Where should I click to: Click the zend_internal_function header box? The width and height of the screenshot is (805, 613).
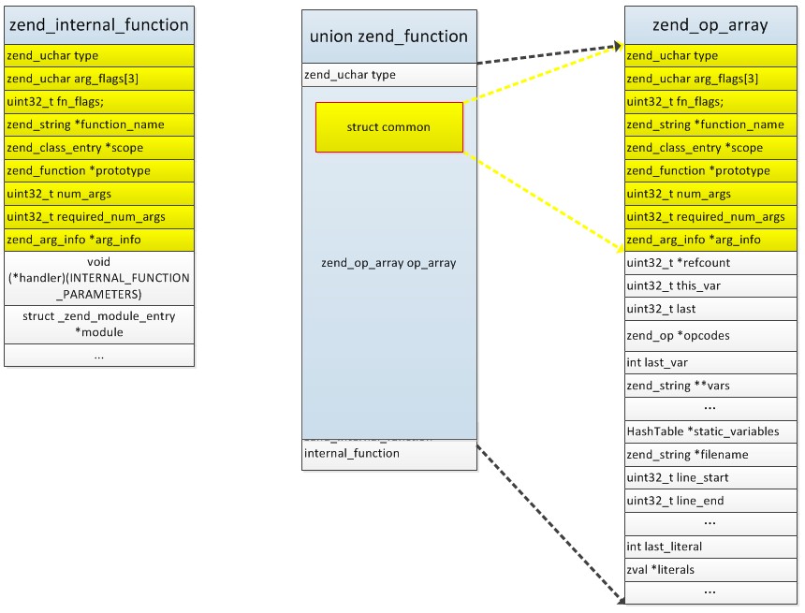click(99, 24)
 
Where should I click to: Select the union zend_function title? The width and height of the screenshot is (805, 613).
click(388, 36)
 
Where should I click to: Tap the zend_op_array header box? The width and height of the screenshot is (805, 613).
click(711, 25)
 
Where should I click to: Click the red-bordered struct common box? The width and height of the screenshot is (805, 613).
click(388, 127)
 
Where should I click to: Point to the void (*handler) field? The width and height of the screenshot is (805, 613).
click(99, 278)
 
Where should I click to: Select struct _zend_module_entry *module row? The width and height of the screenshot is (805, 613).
click(99, 324)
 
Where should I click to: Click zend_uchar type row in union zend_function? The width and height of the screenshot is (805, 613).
click(388, 75)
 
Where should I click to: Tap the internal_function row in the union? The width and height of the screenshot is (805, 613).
click(388, 454)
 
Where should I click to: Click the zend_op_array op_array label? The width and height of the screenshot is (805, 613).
click(388, 263)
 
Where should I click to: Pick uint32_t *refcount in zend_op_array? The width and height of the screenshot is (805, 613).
click(711, 263)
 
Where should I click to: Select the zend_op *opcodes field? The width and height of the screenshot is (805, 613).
click(711, 335)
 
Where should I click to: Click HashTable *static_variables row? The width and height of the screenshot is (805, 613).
click(711, 431)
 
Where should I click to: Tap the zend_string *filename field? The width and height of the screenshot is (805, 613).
click(711, 455)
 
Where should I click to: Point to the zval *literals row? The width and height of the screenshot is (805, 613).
click(711, 569)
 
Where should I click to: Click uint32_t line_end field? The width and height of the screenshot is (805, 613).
click(711, 501)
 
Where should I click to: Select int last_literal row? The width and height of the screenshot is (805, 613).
click(711, 547)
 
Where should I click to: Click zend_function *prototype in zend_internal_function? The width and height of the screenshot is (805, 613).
click(99, 171)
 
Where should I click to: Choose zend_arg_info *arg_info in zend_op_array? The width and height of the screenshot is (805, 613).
click(711, 241)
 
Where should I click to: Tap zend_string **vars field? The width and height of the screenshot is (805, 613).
click(711, 385)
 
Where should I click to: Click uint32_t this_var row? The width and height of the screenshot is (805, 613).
click(711, 286)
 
